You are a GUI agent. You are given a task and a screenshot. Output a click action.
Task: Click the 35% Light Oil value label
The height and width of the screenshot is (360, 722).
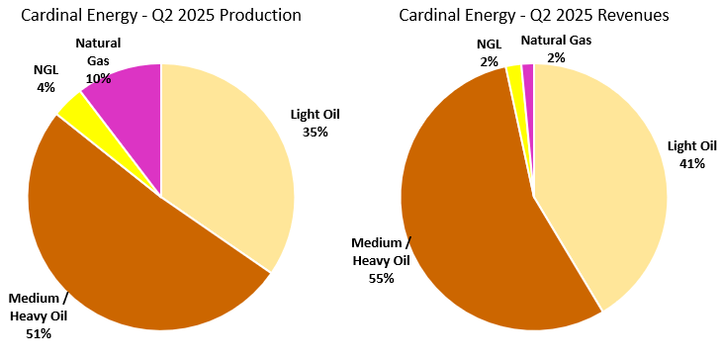[x=316, y=132]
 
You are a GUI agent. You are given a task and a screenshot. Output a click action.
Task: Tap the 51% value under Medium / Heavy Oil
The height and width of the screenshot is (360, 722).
[x=40, y=333]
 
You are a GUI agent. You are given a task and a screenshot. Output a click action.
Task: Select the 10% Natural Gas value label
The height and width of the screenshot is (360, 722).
[x=98, y=78]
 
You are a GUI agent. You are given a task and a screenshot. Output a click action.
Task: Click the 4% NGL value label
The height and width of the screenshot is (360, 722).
[x=45, y=86]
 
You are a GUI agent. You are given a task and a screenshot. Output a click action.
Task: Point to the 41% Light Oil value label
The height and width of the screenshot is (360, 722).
[x=691, y=163]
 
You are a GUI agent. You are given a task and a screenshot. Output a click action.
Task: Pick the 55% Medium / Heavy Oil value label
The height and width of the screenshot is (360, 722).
[x=381, y=278]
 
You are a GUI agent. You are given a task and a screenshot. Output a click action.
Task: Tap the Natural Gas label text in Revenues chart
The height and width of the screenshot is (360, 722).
[x=557, y=40]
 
